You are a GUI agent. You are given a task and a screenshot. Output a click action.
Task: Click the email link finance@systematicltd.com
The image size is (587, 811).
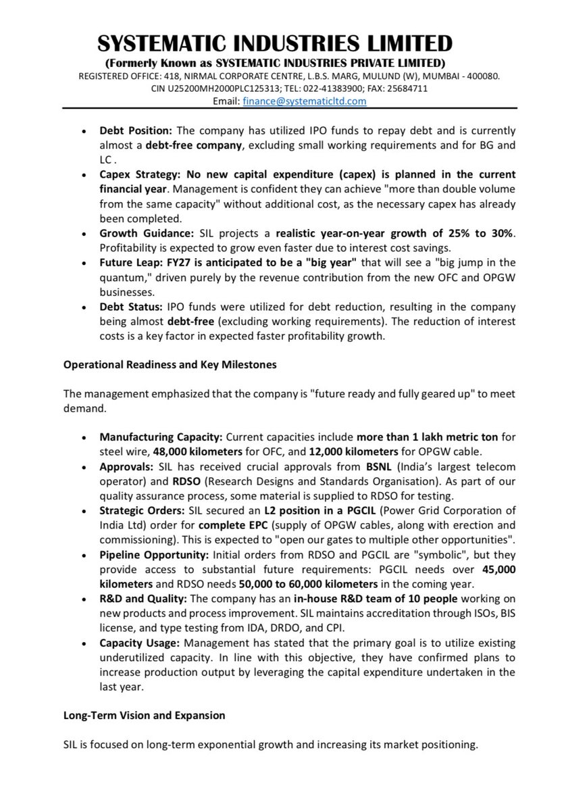click(x=304, y=101)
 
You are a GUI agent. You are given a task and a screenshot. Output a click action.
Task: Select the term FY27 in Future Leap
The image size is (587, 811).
click(x=172, y=263)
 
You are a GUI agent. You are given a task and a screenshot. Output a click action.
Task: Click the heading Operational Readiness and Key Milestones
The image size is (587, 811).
click(x=170, y=364)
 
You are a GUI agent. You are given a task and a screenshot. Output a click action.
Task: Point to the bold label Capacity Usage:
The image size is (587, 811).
click(x=140, y=643)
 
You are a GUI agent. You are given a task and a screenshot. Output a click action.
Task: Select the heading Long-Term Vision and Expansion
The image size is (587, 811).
click(x=145, y=714)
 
